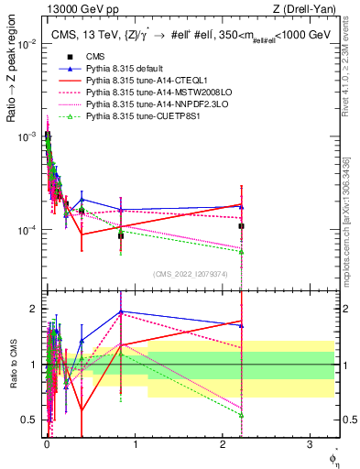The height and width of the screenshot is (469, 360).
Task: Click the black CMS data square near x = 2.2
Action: [x=241, y=225]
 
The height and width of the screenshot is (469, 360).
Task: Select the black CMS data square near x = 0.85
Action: [x=121, y=235]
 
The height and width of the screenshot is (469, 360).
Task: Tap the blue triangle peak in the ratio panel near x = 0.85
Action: [x=121, y=311]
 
